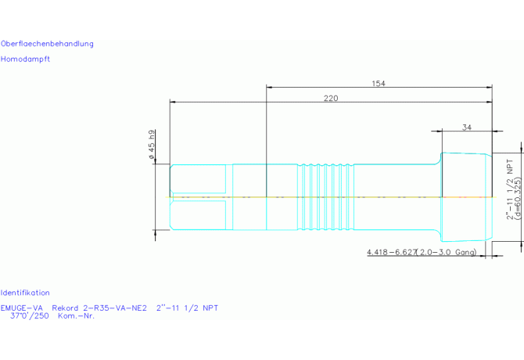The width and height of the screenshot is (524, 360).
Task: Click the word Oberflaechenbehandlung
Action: coord(47,44)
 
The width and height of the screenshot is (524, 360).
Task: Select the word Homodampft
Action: coord(25,59)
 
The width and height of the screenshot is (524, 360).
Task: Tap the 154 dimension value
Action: coord(379,83)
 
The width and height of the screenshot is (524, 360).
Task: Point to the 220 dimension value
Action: coord(331,99)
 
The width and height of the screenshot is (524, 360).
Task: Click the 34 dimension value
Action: coord(467,128)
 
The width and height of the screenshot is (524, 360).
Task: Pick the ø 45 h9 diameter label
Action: coord(152,144)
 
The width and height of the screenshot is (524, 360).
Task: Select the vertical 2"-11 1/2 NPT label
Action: coord(510,189)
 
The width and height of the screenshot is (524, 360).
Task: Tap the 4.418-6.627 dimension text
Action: coord(392,252)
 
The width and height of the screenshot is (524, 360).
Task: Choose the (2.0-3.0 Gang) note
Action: coord(447,252)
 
